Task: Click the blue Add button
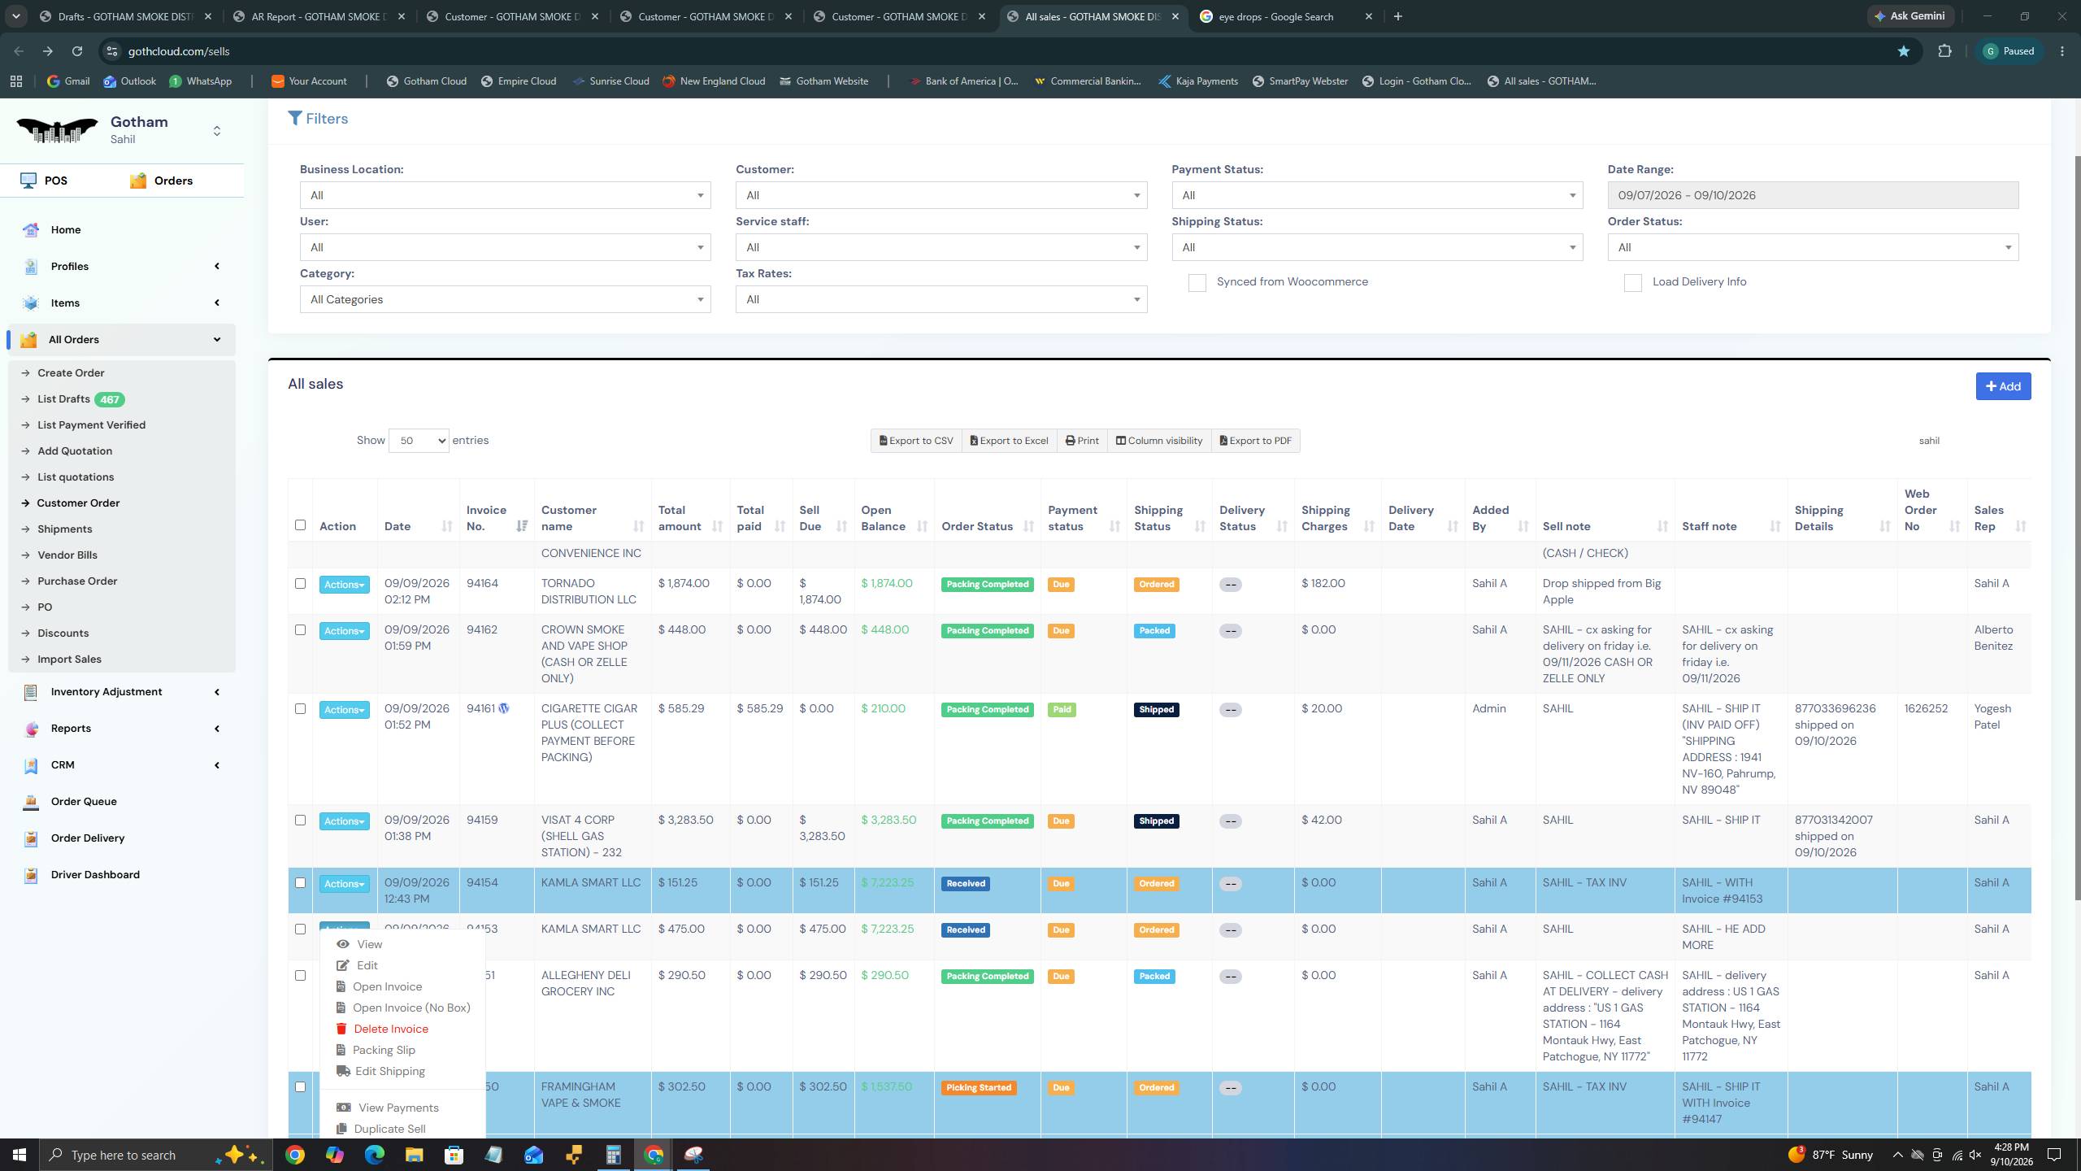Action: click(2003, 386)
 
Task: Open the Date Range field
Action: click(1812, 195)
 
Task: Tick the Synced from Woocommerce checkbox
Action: click(1197, 283)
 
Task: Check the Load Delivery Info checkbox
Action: click(1632, 283)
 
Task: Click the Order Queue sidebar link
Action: click(84, 802)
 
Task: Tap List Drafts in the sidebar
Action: click(63, 399)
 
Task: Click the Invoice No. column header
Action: click(486, 518)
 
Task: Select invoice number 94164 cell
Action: click(483, 584)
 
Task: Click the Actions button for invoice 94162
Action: click(345, 631)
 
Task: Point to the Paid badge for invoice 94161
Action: click(1062, 710)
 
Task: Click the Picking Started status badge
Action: click(979, 1088)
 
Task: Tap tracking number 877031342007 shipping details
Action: click(1834, 820)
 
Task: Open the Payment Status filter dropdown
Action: click(1377, 195)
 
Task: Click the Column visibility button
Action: click(1159, 441)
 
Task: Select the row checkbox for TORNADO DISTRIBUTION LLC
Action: click(300, 584)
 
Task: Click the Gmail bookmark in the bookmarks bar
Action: click(68, 81)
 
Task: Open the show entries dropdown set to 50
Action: click(419, 441)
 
